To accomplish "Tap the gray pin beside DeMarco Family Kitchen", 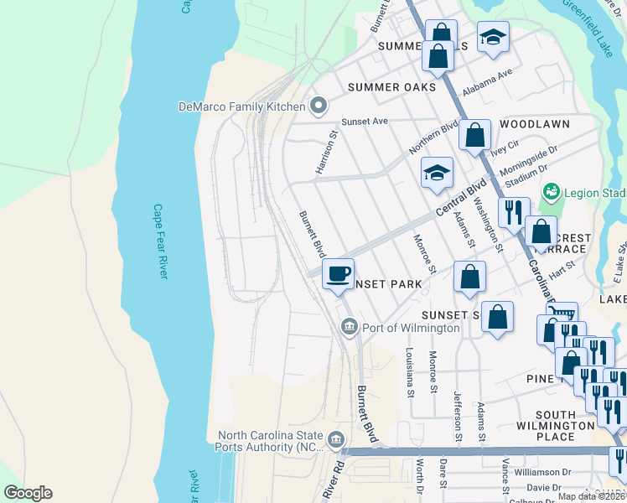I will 318,106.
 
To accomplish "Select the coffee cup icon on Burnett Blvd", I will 339,275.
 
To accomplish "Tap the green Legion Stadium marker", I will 551,192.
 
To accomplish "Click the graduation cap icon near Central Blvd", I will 437,174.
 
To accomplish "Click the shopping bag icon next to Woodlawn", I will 474,135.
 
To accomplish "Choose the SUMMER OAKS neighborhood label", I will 391,87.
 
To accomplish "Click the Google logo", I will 28,493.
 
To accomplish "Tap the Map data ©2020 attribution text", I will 591,496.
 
